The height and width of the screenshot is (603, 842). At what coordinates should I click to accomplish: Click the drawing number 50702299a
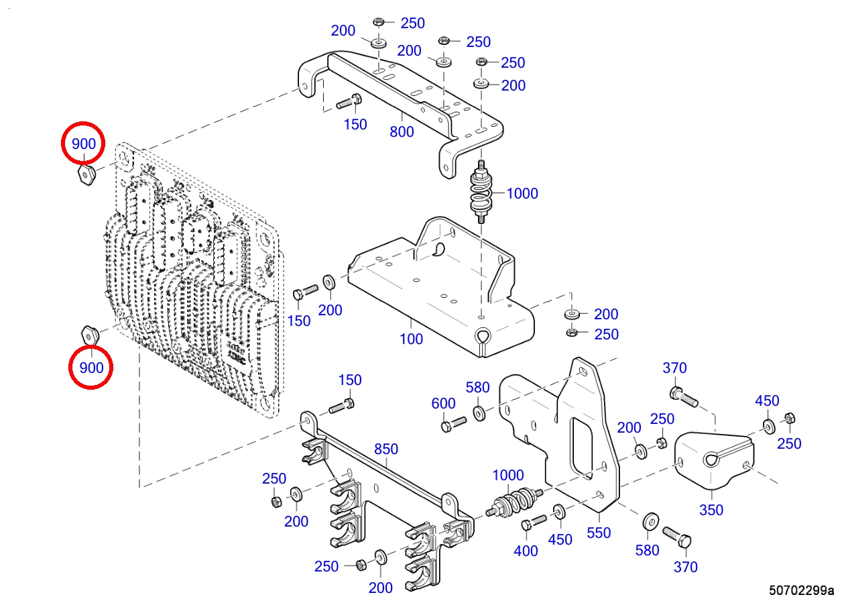point(801,590)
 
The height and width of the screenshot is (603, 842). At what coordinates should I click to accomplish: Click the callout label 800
point(402,131)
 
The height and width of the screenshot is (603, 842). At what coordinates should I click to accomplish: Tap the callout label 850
point(386,449)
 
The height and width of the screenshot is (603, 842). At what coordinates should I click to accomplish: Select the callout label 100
point(411,339)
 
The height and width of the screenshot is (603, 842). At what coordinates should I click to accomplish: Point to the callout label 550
point(599,533)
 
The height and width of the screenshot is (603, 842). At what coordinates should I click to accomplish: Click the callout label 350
point(711,510)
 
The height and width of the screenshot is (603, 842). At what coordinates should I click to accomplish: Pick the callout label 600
point(443,403)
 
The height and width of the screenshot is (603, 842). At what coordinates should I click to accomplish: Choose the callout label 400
point(526,551)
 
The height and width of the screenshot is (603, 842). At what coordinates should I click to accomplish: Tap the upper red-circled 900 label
point(83,144)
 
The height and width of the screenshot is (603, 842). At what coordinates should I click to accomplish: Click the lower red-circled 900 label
point(91,367)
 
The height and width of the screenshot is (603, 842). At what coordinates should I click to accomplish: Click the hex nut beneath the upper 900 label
point(87,174)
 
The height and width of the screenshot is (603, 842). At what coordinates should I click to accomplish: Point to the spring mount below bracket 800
point(481,192)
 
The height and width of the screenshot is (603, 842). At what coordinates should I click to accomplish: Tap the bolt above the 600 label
point(454,424)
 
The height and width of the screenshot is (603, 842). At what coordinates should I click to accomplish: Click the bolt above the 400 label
point(534,523)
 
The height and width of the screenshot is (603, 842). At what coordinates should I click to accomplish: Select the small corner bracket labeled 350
point(714,460)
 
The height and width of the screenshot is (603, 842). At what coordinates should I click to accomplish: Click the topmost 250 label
point(412,23)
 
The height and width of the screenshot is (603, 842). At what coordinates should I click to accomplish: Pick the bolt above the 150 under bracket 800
point(349,101)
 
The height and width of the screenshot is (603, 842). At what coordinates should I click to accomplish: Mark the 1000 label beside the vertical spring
point(522,193)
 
